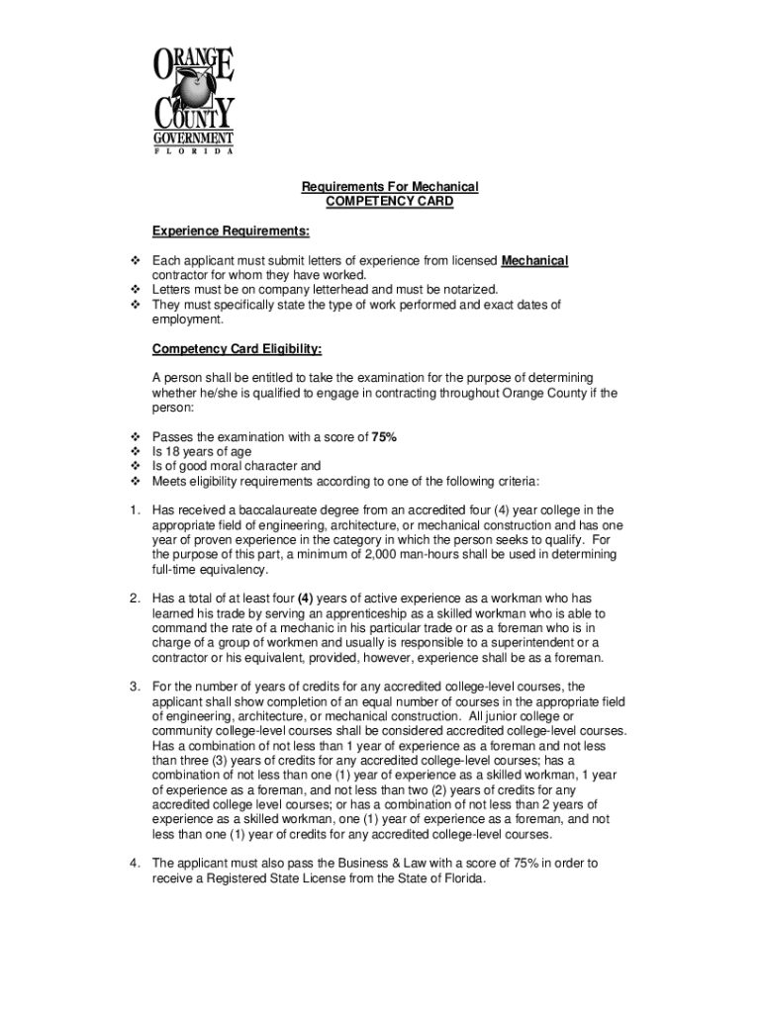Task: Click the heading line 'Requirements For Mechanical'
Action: coord(390,187)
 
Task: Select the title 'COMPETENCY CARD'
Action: coord(390,201)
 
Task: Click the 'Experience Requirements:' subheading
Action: coord(231,231)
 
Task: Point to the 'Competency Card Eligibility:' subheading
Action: coord(237,349)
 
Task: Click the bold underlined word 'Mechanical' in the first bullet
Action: coord(534,261)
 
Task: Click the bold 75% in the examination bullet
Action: coord(384,437)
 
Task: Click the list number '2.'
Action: coord(135,599)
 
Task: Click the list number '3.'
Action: coord(135,687)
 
